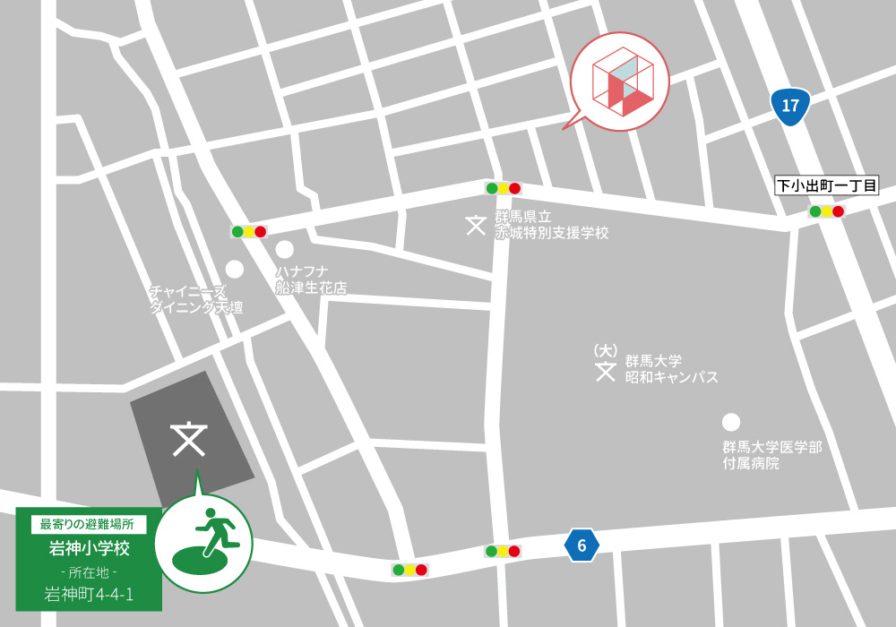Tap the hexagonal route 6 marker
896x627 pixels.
pyautogui.click(x=582, y=545)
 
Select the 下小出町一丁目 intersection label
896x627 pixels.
pyautogui.click(x=826, y=186)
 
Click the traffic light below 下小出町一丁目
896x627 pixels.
pyautogui.click(x=826, y=211)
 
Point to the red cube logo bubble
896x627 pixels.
pyautogui.click(x=619, y=82)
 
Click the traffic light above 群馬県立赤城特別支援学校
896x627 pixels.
pyautogui.click(x=503, y=188)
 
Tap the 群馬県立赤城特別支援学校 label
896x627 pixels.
pyautogui.click(x=551, y=225)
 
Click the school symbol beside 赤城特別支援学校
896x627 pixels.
pyautogui.click(x=476, y=225)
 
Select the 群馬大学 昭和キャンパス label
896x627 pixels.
pyautogui.click(x=671, y=369)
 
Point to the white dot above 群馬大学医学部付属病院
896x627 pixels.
pyautogui.click(x=731, y=422)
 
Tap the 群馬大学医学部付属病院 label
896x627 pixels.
pyautogui.click(x=771, y=455)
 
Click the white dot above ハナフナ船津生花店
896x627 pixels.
pyautogui.click(x=284, y=250)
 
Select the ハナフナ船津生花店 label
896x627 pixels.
pyautogui.click(x=310, y=279)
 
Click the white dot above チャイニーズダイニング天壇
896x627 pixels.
pyautogui.click(x=235, y=269)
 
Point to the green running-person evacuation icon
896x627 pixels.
pyautogui.click(x=203, y=543)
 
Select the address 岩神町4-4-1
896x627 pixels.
pyautogui.click(x=89, y=593)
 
